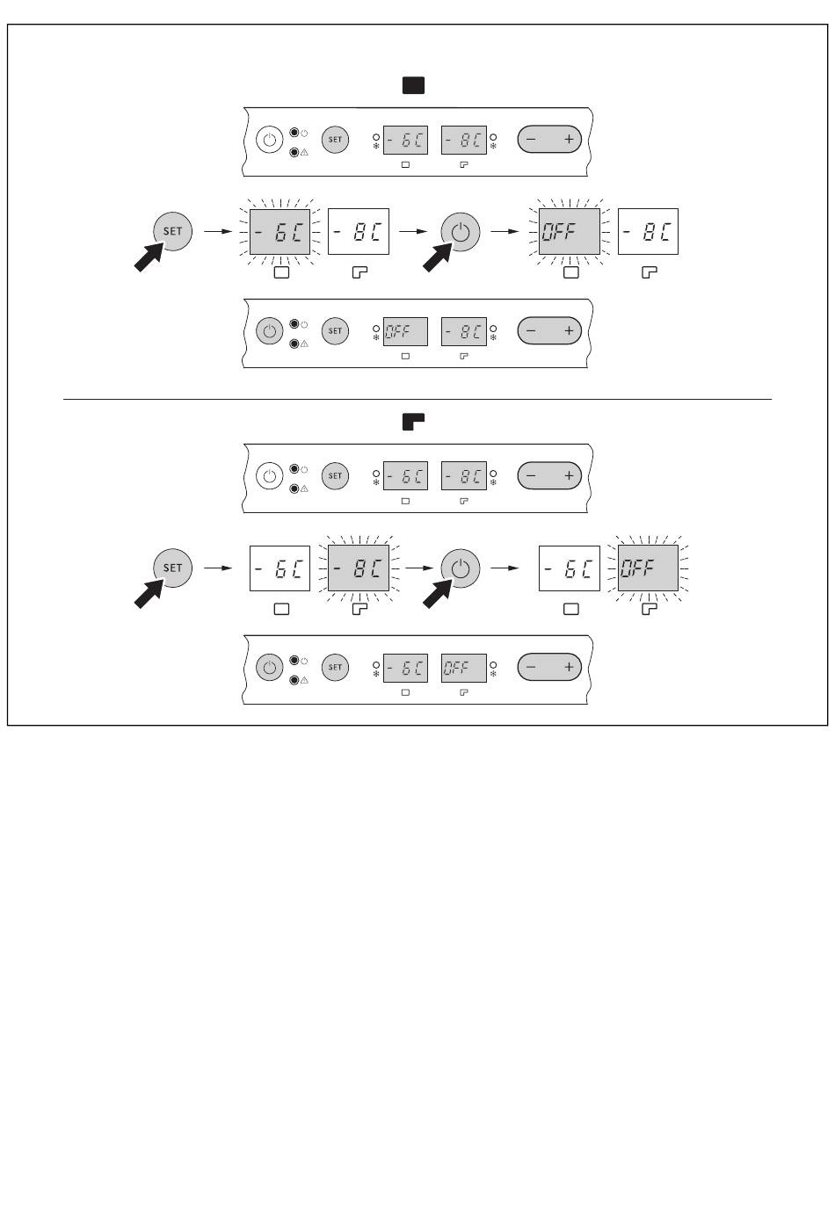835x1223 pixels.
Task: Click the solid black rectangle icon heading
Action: point(413,86)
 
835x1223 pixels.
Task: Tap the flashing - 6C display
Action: point(280,231)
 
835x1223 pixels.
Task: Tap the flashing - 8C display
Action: point(359,568)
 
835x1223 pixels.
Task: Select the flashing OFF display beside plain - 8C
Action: point(569,231)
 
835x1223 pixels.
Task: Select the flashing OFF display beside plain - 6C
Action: point(648,568)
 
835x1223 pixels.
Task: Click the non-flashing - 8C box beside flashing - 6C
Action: point(359,231)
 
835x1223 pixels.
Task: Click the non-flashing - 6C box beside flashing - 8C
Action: point(280,568)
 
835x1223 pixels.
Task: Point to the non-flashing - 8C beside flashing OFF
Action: point(648,231)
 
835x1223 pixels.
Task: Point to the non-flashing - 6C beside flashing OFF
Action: point(569,568)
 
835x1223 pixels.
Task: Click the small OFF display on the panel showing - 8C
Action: point(405,331)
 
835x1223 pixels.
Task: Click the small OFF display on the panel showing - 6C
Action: point(464,668)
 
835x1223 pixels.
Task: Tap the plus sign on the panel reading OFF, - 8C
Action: point(569,331)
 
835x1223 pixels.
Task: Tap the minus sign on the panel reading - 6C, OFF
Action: point(530,667)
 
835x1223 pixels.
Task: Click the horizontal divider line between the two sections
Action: point(417,399)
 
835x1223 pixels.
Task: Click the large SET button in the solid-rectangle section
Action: point(172,231)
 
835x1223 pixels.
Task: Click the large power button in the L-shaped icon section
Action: point(461,568)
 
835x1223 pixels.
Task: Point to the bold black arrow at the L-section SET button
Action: point(149,593)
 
